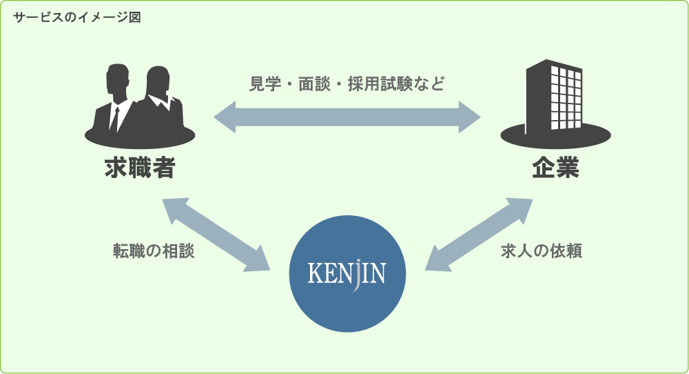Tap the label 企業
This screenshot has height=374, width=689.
click(x=555, y=168)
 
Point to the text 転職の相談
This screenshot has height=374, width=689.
click(x=154, y=251)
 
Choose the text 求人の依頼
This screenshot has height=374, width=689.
click(x=542, y=251)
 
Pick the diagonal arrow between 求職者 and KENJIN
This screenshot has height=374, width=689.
click(x=214, y=235)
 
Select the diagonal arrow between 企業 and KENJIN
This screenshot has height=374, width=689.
click(x=480, y=235)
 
